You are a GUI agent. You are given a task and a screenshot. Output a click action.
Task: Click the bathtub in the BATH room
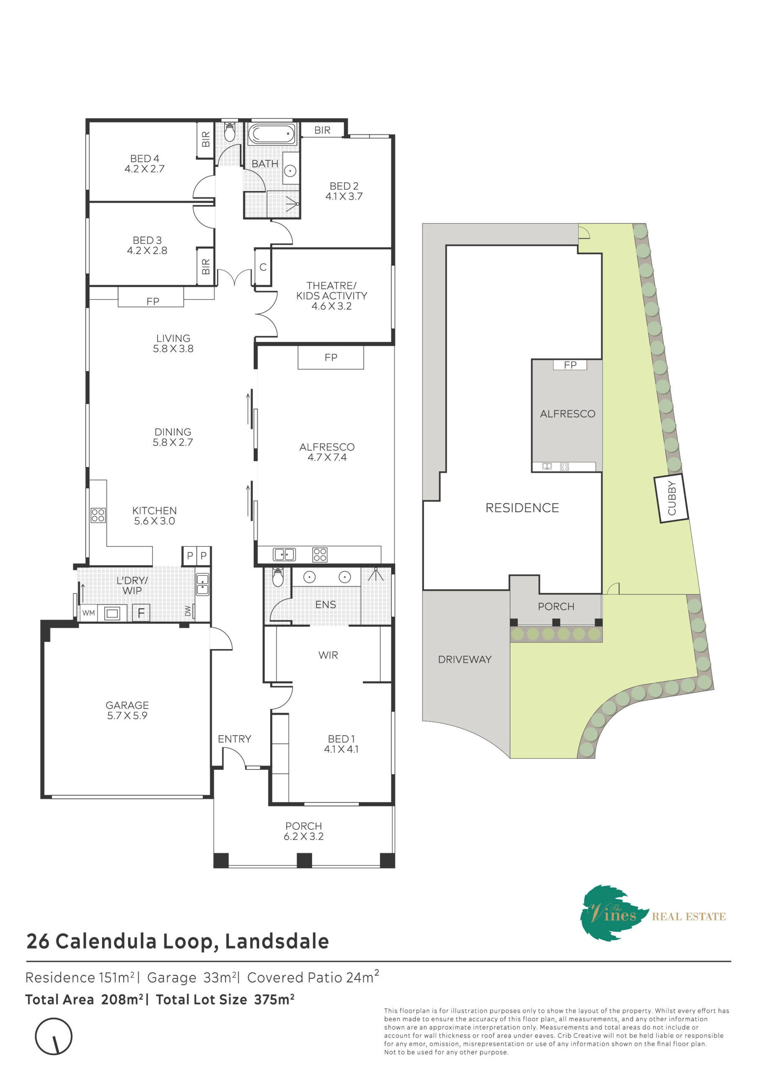tap(272, 134)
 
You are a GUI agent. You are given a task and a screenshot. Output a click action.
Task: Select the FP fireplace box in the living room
tap(151, 297)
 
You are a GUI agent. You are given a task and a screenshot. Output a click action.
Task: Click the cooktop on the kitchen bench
tap(98, 515)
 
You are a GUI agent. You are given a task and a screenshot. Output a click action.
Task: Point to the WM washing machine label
tap(89, 613)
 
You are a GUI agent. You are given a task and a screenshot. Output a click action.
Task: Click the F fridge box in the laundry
tap(141, 613)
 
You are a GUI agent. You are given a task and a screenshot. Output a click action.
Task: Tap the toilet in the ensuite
tap(278, 577)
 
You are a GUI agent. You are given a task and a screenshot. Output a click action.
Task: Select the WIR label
tap(328, 655)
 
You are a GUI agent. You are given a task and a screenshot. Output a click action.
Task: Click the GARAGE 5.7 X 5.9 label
tap(127, 710)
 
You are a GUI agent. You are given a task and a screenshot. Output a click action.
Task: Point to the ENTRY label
tap(235, 739)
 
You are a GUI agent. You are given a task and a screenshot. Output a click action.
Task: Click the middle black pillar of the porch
tap(304, 861)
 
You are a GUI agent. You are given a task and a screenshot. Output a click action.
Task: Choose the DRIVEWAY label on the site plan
tap(465, 660)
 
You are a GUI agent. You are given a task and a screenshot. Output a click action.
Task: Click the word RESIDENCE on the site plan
tap(522, 508)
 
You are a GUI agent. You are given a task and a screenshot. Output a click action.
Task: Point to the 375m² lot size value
tap(274, 1000)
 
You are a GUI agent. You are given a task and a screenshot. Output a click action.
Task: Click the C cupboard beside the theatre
tap(263, 267)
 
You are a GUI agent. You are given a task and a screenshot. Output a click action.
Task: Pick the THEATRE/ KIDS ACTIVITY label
tap(332, 296)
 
